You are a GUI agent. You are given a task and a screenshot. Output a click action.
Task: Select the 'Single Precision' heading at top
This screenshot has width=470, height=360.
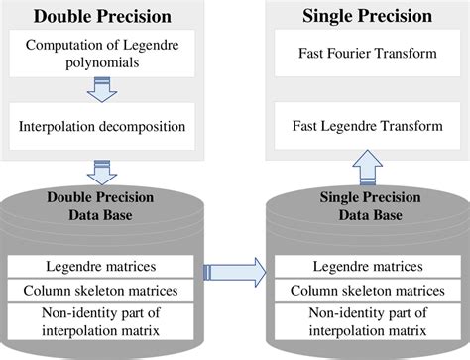point(366,16)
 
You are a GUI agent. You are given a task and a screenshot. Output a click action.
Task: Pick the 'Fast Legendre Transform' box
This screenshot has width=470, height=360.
point(366,126)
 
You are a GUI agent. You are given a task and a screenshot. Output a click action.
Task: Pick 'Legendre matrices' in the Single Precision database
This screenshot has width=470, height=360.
point(366,266)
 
